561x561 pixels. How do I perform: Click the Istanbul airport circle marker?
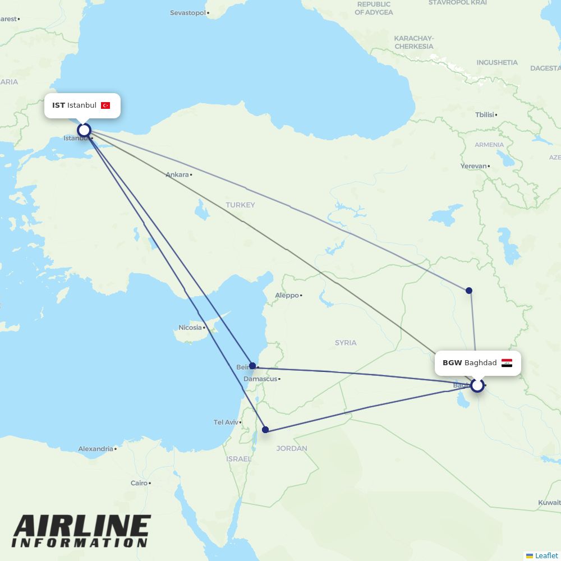(x=84, y=130)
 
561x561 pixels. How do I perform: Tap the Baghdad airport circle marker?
(x=477, y=385)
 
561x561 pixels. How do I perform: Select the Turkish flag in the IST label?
(x=105, y=105)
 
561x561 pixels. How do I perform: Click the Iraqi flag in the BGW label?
(x=507, y=363)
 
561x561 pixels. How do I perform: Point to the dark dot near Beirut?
(x=252, y=365)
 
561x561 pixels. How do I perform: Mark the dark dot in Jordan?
(x=265, y=430)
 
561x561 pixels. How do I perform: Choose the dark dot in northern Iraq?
(x=469, y=290)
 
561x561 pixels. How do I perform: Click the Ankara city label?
(x=177, y=174)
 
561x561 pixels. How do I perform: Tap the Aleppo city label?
(x=287, y=295)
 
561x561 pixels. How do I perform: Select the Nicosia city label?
(x=190, y=328)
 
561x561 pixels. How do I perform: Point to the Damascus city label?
(x=260, y=379)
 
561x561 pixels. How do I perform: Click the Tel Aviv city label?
(x=226, y=422)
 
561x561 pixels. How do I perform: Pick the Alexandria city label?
(x=95, y=449)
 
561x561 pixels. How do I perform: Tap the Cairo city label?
(x=139, y=482)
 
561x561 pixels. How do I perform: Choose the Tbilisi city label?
(x=485, y=114)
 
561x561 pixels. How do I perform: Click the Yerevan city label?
(x=473, y=166)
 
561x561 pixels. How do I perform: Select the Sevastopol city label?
(x=188, y=12)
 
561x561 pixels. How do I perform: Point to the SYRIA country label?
(x=346, y=342)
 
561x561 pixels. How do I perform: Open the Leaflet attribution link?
(x=546, y=555)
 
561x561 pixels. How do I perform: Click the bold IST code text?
(x=58, y=105)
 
